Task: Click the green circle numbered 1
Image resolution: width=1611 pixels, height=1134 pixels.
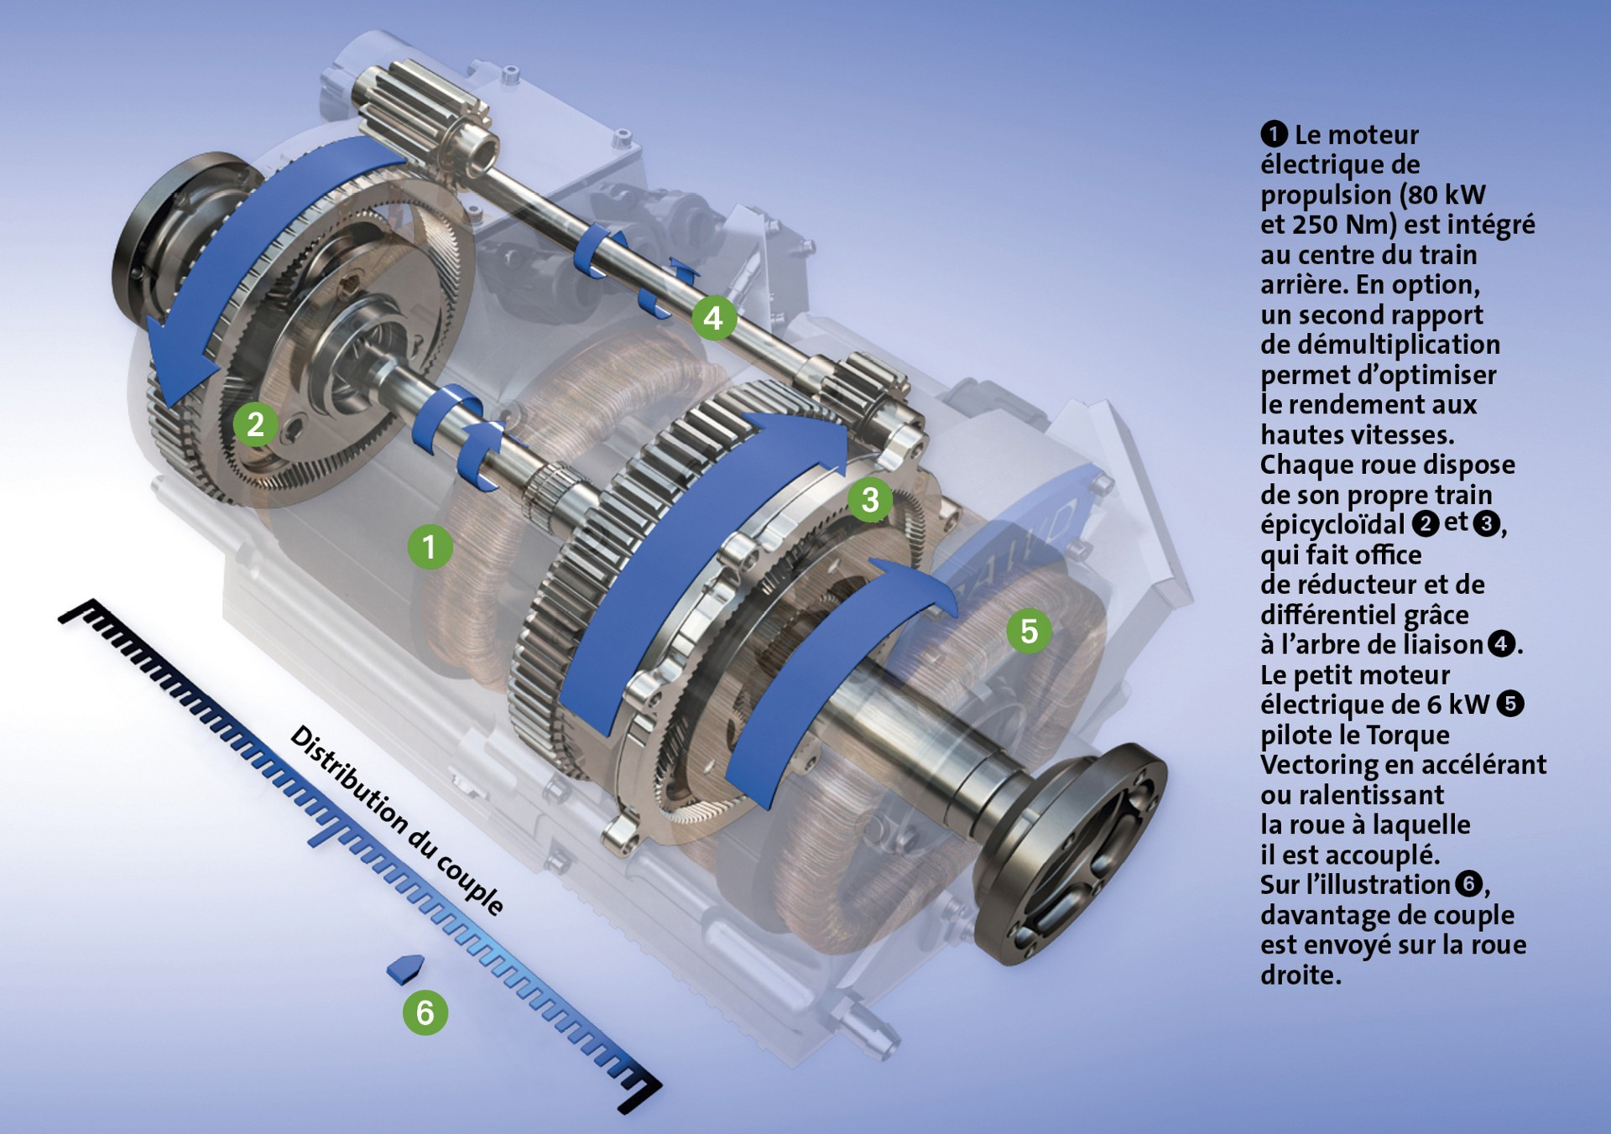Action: [430, 547]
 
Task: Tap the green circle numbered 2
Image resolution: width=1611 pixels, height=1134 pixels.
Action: [256, 424]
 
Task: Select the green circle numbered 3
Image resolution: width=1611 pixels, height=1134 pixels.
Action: [870, 500]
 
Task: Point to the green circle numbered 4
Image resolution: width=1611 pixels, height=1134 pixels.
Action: [713, 318]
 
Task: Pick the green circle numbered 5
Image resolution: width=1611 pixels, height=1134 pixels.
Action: [1029, 631]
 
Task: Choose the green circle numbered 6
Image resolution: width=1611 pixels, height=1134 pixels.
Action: [425, 1012]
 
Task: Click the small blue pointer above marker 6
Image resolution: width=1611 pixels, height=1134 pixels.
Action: [405, 969]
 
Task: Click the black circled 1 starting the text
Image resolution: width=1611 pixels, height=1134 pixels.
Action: [1274, 134]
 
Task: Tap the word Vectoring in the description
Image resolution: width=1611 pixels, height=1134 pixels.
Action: [1320, 765]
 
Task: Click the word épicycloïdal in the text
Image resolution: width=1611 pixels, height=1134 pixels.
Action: [1332, 526]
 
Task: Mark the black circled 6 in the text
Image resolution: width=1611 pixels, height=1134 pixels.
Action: [1468, 884]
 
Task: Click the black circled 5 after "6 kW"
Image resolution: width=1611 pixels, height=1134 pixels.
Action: [1510, 704]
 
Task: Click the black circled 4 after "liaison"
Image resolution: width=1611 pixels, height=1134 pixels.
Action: [1501, 644]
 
